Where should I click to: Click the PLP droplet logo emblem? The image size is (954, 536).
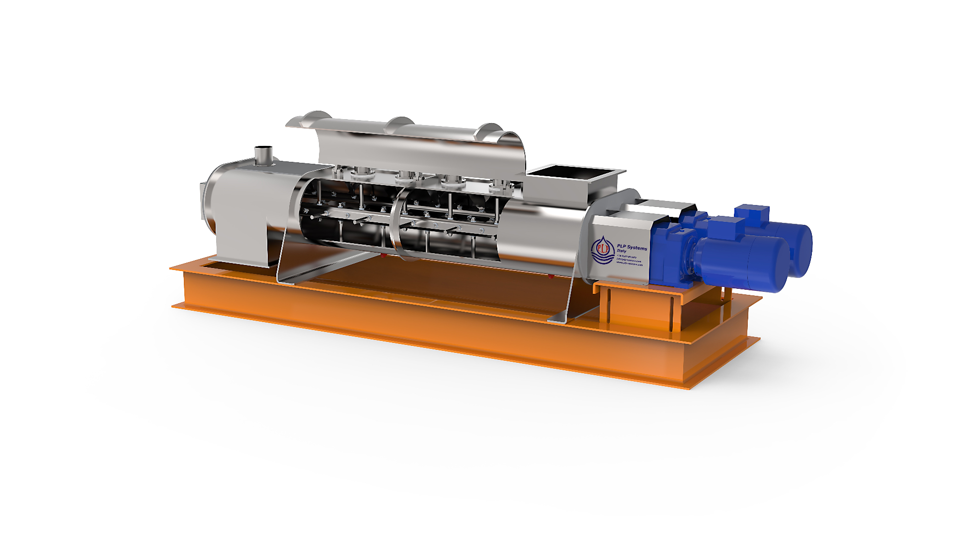point(602,250)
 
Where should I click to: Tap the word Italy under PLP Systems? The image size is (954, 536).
point(622,251)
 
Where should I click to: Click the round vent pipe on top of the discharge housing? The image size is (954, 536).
point(263,154)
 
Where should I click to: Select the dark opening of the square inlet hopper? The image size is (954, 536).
point(571,172)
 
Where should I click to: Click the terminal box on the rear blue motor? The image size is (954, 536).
point(752,212)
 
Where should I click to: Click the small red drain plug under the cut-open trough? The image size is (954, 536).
point(383,256)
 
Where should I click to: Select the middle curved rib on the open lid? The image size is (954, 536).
point(400,123)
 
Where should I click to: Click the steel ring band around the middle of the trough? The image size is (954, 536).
point(396,223)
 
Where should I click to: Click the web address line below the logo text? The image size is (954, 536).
point(629,264)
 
